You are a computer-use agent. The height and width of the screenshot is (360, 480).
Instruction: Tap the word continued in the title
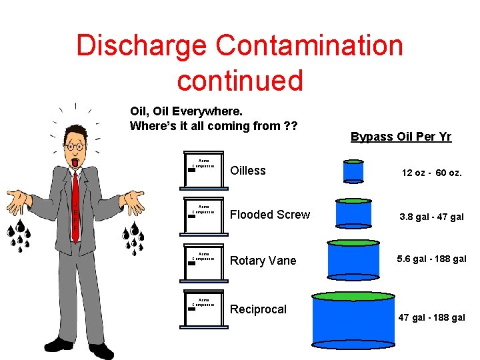[240, 80]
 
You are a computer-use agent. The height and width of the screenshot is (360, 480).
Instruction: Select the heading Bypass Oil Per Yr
[401, 137]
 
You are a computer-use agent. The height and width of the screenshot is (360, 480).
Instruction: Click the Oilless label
[247, 171]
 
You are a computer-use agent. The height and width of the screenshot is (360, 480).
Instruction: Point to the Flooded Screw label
[269, 215]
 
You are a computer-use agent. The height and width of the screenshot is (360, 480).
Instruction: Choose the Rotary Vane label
[263, 261]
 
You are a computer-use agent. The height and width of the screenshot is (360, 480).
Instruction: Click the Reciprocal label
[258, 309]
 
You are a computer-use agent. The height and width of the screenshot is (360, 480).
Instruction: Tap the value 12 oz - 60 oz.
[431, 173]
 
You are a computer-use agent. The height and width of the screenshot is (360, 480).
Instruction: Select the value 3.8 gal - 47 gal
[431, 217]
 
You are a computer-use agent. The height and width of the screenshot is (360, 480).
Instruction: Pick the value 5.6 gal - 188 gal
[431, 259]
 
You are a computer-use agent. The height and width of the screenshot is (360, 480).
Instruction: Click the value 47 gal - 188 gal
[431, 317]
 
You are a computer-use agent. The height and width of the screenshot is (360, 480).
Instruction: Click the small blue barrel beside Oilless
[353, 171]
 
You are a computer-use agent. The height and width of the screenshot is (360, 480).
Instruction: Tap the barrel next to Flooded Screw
[353, 214]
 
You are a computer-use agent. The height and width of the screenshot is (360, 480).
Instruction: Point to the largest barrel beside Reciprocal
[353, 320]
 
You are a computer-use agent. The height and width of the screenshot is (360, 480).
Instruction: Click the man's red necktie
[75, 204]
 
